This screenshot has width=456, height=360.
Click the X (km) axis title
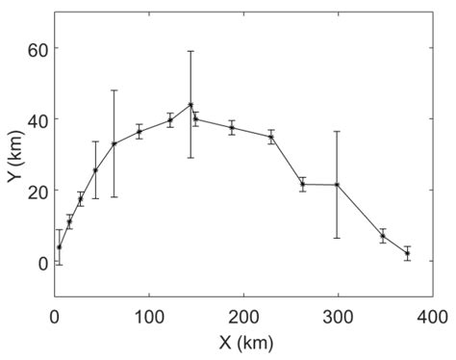click(242, 341)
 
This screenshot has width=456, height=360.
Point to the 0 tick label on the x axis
click(54, 315)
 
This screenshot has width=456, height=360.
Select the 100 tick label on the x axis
click(148, 315)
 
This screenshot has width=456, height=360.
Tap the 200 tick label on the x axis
click(242, 315)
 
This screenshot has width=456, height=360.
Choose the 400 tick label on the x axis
click(431, 315)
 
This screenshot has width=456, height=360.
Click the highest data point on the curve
click(190, 105)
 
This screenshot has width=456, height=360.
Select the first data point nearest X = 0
click(59, 247)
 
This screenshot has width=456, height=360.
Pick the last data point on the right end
click(407, 254)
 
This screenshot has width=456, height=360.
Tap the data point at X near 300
click(337, 185)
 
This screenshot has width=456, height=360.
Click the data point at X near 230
click(271, 137)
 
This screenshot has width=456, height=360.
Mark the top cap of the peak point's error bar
click(190, 51)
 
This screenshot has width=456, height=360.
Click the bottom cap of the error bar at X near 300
click(337, 238)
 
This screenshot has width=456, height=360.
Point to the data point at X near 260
click(302, 184)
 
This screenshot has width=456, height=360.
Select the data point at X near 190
click(232, 127)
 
